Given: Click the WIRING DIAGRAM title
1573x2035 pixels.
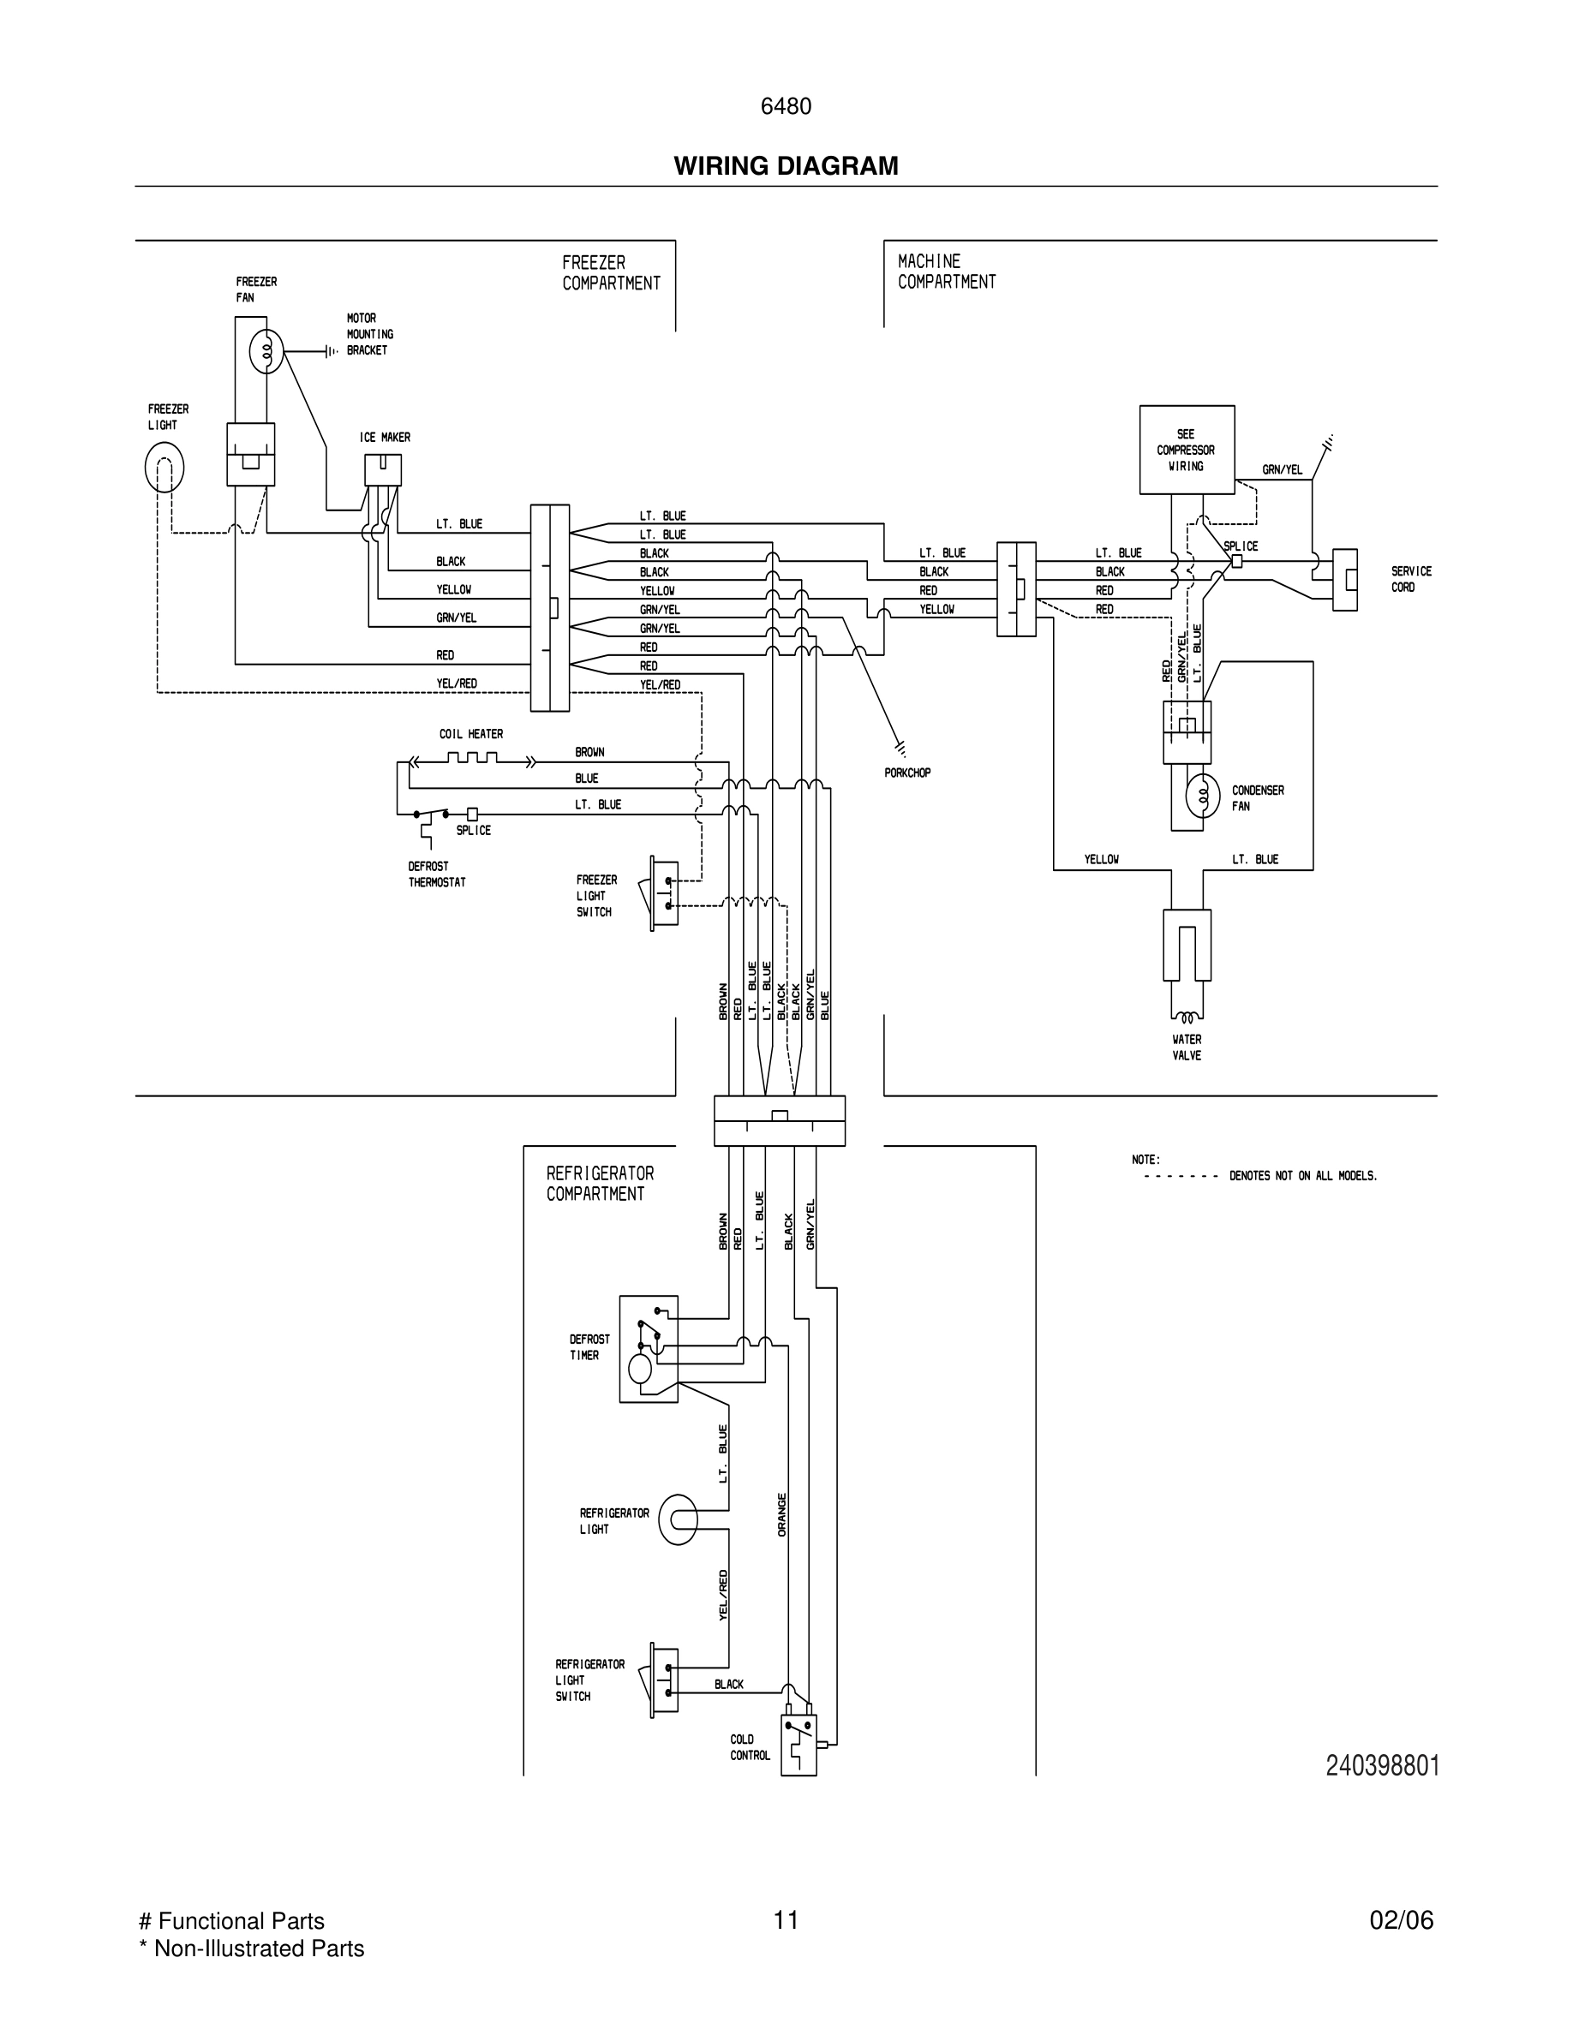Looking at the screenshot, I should coord(786,166).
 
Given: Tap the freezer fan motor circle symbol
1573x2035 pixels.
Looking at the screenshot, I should coord(266,352).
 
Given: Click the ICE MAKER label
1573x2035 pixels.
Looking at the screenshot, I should coord(385,437).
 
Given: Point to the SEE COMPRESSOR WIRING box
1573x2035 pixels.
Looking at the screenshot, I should coord(1187,450).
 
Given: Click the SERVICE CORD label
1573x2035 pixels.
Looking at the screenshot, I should coord(1411,579).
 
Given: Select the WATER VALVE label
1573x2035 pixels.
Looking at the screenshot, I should coord(1187,1047).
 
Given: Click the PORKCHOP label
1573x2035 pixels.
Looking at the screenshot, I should coord(906,773).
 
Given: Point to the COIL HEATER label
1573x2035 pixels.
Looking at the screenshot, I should coord(470,734).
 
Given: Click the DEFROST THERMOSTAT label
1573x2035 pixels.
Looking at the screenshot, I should coord(436,874).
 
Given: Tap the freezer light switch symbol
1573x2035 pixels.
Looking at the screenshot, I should coord(662,892).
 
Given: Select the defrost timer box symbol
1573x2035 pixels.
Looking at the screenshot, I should coord(649,1348).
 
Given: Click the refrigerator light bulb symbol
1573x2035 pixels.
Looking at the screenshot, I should coord(678,1519).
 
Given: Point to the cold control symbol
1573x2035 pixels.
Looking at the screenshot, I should coord(798,1745).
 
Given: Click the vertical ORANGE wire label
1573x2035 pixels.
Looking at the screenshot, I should coord(782,1514).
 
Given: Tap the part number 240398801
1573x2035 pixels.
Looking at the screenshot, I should coord(1382,1766).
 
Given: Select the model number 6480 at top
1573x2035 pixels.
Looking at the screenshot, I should coord(786,107).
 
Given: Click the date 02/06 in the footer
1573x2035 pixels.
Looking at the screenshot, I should coord(1401,1920).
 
